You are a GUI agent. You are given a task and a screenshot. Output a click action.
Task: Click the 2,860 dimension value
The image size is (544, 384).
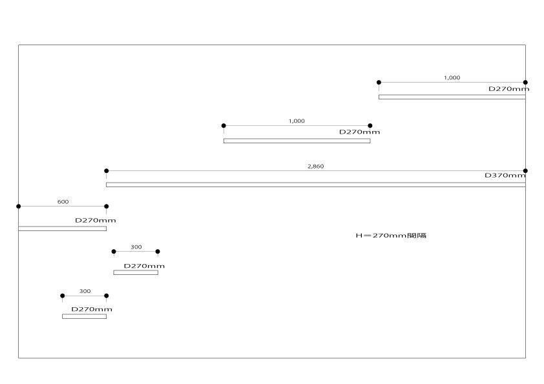click(x=316, y=167)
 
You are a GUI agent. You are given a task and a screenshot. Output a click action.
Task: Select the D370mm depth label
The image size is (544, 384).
click(x=506, y=176)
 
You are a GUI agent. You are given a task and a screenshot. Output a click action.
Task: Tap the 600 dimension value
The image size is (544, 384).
click(x=63, y=202)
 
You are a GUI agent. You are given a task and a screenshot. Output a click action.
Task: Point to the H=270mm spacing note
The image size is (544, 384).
click(x=391, y=236)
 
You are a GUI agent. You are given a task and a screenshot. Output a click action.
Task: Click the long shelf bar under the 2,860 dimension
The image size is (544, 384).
click(x=316, y=185)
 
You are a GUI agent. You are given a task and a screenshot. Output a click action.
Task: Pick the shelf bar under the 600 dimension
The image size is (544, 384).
click(x=62, y=228)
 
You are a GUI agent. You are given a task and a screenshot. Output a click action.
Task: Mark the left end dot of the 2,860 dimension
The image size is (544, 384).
click(x=107, y=171)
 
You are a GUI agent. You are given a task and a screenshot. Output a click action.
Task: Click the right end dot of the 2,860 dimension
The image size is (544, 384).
click(x=525, y=171)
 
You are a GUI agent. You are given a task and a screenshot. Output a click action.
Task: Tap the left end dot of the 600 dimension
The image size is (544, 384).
click(x=18, y=207)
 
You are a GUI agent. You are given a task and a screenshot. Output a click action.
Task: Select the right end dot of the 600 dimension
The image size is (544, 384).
click(x=107, y=207)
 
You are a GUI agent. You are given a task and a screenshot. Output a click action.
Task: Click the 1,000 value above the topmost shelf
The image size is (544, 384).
click(x=452, y=78)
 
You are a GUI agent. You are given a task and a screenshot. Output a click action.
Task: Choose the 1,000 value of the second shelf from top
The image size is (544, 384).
click(x=297, y=121)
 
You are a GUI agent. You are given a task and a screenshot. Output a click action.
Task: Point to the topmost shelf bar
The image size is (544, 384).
click(x=452, y=97)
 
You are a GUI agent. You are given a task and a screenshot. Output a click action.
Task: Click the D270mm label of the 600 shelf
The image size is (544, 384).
click(x=96, y=220)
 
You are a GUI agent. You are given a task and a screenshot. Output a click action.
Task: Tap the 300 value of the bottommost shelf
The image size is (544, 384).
click(x=85, y=292)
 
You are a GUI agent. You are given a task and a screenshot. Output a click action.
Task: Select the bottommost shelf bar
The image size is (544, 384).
click(x=84, y=316)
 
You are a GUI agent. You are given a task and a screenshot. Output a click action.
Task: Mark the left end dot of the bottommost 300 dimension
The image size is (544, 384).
click(x=63, y=296)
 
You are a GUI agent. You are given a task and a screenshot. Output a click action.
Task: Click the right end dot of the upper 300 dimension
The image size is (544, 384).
click(x=158, y=252)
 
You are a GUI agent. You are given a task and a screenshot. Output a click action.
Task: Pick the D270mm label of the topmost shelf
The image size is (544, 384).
click(x=508, y=89)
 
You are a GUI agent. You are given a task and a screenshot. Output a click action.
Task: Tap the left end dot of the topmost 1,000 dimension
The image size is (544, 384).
click(x=379, y=83)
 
